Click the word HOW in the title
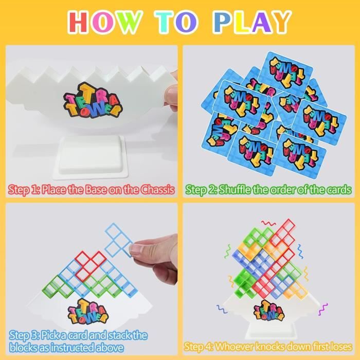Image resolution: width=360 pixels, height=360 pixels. (104, 22)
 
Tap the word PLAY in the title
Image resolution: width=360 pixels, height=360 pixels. (252, 22)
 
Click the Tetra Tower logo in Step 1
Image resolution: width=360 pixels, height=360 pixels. (93, 100)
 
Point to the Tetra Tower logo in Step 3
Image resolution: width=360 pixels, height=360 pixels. (88, 312)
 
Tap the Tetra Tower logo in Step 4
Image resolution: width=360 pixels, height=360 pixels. (269, 311)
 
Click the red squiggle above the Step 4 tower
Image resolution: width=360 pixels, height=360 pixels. (268, 223)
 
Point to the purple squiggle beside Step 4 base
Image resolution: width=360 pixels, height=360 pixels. (322, 309)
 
